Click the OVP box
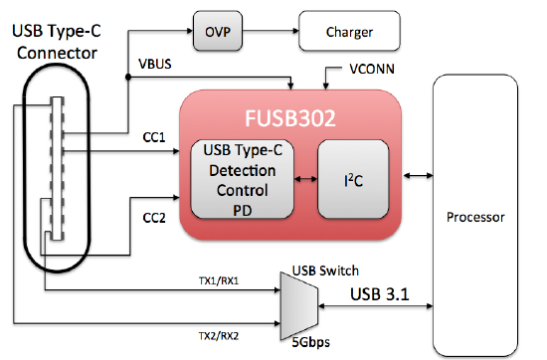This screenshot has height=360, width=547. (218, 31)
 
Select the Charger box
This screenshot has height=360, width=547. (349, 31)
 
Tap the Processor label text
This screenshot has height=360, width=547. (475, 217)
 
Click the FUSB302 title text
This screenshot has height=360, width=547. (290, 118)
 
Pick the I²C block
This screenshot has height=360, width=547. (353, 179)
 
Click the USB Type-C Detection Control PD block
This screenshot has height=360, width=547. (242, 179)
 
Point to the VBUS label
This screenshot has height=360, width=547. (155, 64)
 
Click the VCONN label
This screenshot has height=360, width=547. (372, 69)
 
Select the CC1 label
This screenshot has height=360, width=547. (154, 137)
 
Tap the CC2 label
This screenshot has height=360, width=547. (154, 218)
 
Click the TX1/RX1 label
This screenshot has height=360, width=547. (219, 280)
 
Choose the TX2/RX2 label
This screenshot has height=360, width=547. (219, 336)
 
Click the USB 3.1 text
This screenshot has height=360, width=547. (380, 294)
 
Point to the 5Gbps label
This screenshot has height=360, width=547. (310, 342)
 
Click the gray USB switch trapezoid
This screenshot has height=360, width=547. (299, 306)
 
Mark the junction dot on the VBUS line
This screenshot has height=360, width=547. (128, 77)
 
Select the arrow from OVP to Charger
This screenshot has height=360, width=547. (271, 31)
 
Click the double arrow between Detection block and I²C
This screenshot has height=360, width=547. (305, 179)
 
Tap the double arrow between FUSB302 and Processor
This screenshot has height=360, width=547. (418, 175)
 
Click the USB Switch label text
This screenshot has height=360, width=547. (325, 270)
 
